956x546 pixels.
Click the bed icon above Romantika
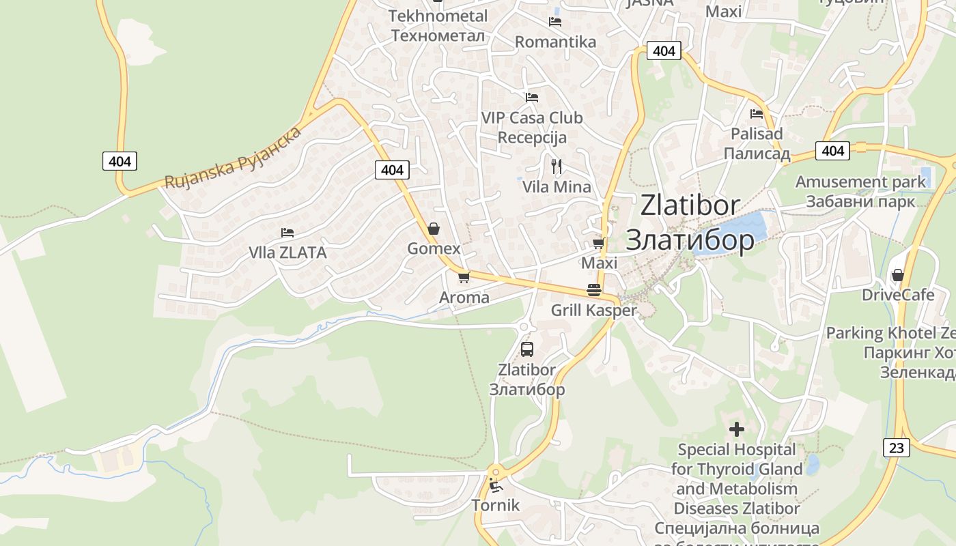[x=554, y=21]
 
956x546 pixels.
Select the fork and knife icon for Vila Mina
[x=557, y=166]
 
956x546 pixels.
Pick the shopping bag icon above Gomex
[x=433, y=229]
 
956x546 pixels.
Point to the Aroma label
[x=464, y=298]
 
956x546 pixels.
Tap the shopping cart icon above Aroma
[x=464, y=277]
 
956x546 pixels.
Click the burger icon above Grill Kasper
[x=593, y=290]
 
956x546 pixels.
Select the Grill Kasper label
[x=593, y=311]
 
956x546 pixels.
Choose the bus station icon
[x=526, y=349]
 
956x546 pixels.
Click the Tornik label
[x=496, y=506]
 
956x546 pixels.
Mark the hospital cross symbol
[x=736, y=429]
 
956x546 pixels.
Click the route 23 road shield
[x=897, y=448]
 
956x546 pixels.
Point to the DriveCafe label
[x=897, y=295]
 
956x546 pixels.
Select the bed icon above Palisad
[x=756, y=114]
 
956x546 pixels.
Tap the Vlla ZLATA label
[x=287, y=253]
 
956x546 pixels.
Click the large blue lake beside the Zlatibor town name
[x=731, y=233]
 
